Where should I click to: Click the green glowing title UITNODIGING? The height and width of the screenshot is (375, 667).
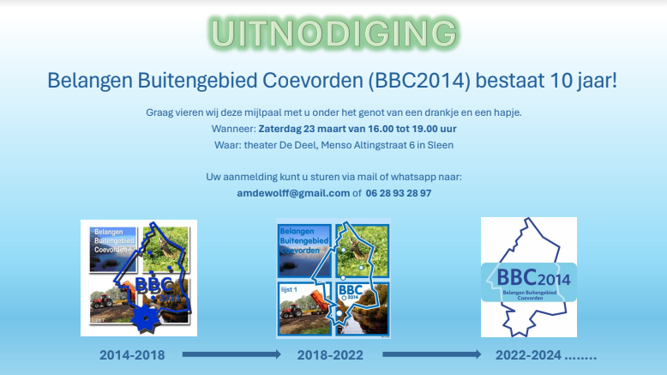[333, 33]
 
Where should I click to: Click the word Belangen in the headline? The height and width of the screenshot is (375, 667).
[85, 82]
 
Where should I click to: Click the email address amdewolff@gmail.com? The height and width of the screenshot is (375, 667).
[293, 193]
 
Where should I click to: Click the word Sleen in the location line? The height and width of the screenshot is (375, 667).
[441, 145]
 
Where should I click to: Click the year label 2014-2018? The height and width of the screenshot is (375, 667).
[132, 354]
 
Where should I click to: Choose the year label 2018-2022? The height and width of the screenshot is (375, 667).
[331, 354]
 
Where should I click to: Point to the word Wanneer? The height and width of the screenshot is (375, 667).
[232, 129]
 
